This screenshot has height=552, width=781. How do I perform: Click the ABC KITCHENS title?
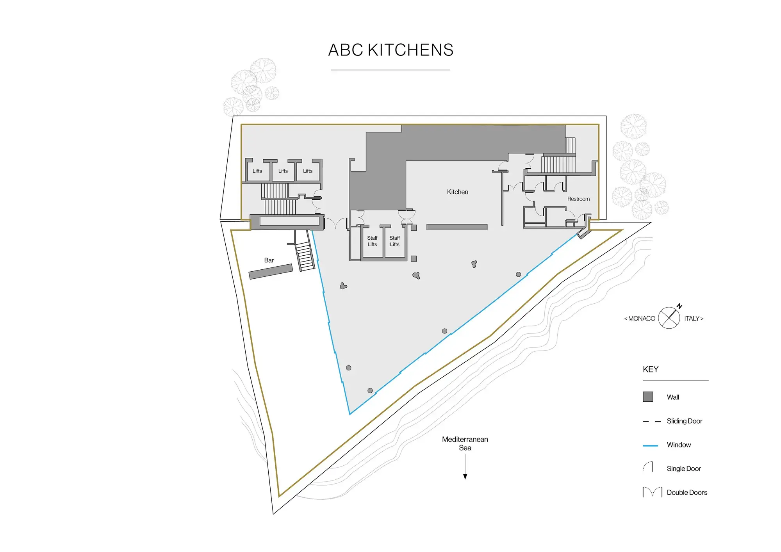click(390, 50)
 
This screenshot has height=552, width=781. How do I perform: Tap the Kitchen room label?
click(457, 192)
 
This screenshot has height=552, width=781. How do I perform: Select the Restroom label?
click(578, 199)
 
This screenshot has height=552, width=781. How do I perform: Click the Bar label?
click(269, 260)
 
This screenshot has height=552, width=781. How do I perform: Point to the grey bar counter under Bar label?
click(271, 272)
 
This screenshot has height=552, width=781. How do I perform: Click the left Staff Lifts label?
click(372, 241)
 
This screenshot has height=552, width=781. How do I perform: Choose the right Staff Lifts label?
click(394, 241)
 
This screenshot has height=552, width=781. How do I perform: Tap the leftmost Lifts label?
click(257, 171)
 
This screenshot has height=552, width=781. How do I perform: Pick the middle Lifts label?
click(283, 171)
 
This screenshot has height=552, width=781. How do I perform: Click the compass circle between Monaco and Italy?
click(669, 318)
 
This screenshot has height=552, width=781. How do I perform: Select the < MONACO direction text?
click(640, 319)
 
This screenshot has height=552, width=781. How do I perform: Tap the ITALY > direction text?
click(694, 319)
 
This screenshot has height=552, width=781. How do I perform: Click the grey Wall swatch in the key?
click(648, 397)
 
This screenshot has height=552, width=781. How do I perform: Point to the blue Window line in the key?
click(650, 445)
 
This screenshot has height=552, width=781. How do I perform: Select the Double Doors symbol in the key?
click(652, 492)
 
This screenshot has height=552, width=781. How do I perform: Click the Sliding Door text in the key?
click(684, 421)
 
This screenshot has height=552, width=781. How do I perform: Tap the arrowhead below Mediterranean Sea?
click(465, 476)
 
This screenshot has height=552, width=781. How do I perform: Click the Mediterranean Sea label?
click(465, 443)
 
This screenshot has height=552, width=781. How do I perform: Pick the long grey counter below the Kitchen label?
click(456, 227)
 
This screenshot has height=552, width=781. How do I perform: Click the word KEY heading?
click(651, 369)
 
